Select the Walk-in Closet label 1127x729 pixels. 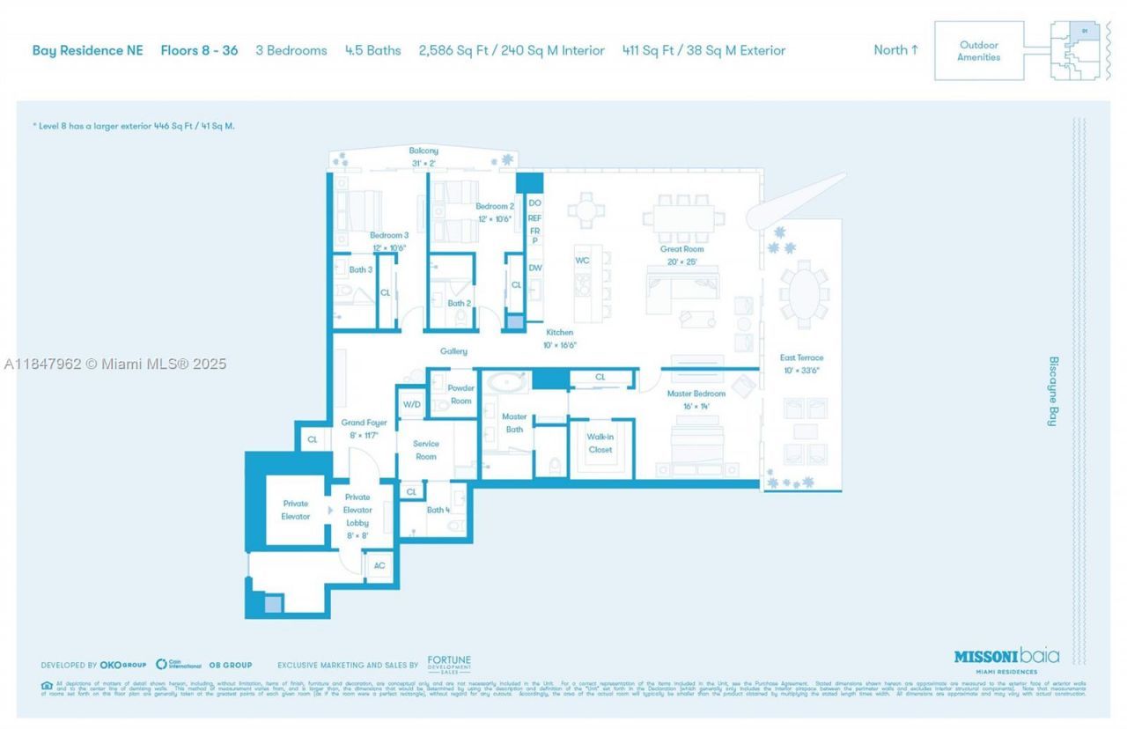(600, 443)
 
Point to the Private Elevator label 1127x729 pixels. (296, 510)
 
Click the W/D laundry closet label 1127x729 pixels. (411, 404)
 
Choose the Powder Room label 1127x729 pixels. (460, 394)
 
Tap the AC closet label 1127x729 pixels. (379, 565)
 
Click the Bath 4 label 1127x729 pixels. (438, 510)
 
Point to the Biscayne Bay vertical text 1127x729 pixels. (1052, 392)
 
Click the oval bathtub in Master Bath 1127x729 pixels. (507, 383)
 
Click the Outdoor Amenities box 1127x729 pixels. (979, 51)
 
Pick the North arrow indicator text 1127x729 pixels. (895, 50)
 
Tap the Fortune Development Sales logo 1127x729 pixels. (449, 664)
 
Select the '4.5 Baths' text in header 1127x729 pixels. (372, 50)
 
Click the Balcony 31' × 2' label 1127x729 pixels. (424, 157)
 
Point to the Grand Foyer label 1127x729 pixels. (364, 429)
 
